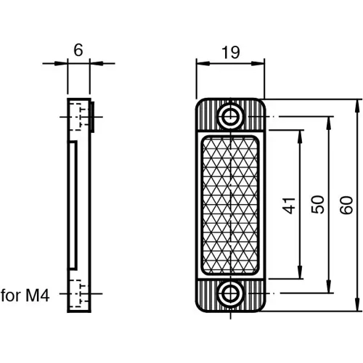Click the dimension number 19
tap(230, 53)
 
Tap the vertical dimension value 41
tap(290, 205)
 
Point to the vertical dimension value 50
tap(317, 205)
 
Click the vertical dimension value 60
tap(346, 205)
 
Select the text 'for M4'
tap(25, 295)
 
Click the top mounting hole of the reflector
tap(231, 115)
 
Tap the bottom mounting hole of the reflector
tap(231, 294)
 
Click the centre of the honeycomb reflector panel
tap(230, 205)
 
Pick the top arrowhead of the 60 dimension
tap(358, 104)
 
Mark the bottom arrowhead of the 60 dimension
tap(358, 306)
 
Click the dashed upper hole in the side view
tap(78, 115)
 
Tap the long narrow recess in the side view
tap(73, 205)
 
